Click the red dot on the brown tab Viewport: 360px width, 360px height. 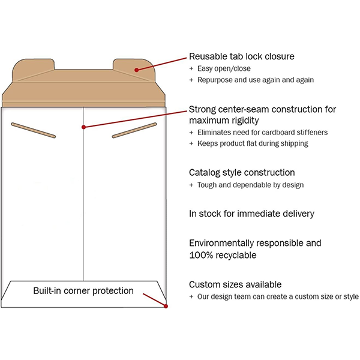(x=137, y=70)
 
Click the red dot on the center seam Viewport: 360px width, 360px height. (x=83, y=127)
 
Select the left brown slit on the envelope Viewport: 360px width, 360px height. (x=34, y=130)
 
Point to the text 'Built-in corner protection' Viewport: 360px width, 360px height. (x=83, y=291)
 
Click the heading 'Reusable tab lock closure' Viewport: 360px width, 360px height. (x=242, y=56)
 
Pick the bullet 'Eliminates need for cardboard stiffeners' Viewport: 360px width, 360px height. (x=262, y=132)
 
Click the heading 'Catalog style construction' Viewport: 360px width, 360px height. (x=242, y=173)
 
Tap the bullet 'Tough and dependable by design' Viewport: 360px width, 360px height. (x=250, y=185)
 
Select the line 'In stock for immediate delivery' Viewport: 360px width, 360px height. (x=251, y=214)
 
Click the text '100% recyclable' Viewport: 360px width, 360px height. (x=223, y=255)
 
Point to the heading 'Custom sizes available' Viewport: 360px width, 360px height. (x=235, y=284)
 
